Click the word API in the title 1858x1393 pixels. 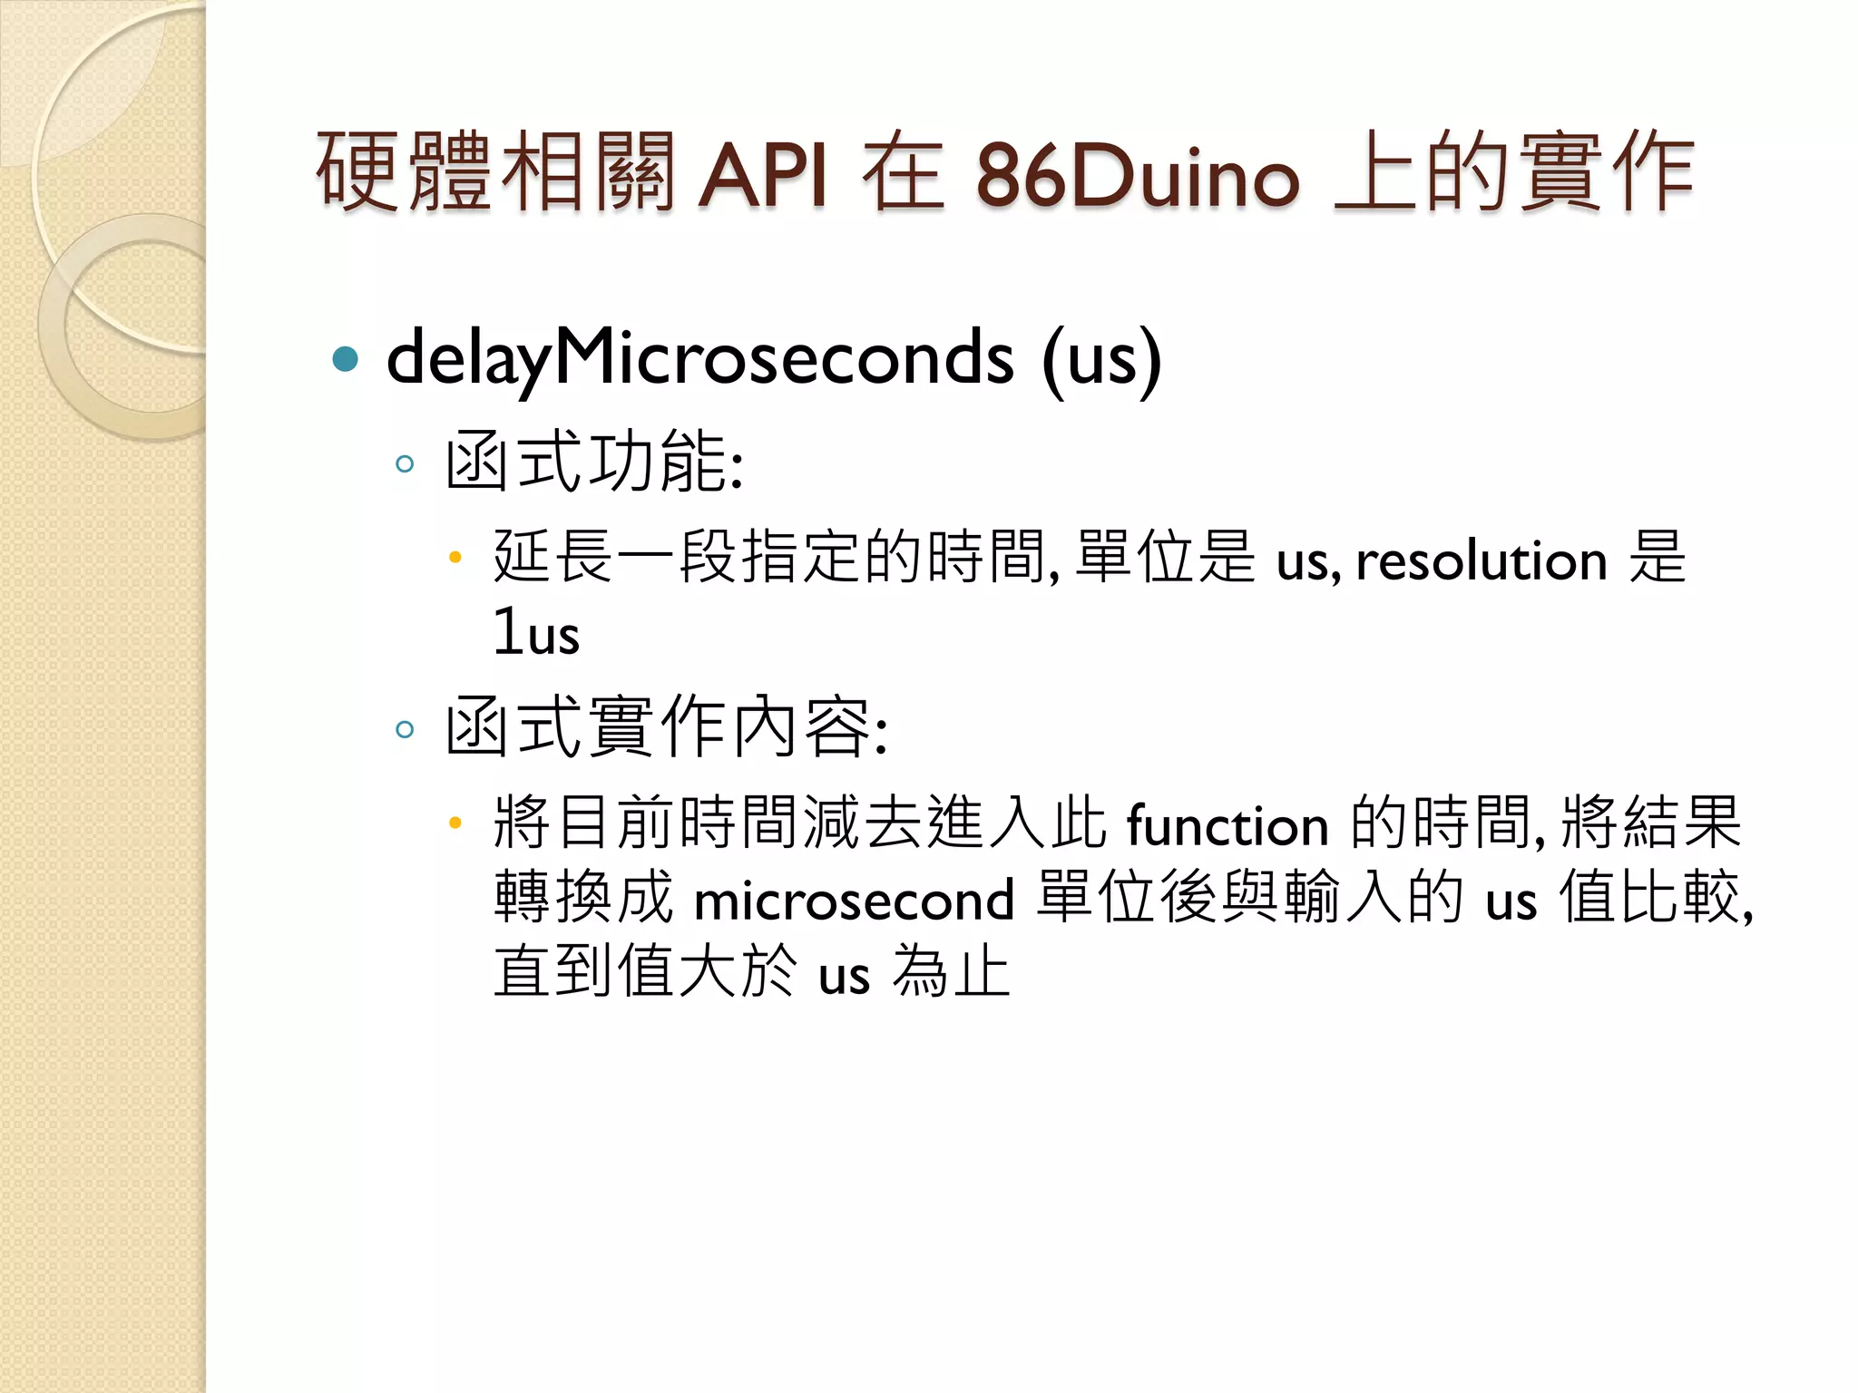tap(762, 174)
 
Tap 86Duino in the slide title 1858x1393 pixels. tap(1138, 174)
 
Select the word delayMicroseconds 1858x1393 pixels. tap(699, 359)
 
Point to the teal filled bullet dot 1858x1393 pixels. tap(346, 360)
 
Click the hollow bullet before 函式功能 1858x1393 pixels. tap(405, 465)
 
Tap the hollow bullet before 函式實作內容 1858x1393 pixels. tap(405, 729)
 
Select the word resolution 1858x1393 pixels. tap(1482, 560)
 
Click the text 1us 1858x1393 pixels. tap(536, 633)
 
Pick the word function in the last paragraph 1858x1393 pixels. tap(1227, 826)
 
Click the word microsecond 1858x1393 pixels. tap(854, 901)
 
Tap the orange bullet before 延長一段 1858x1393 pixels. tap(455, 557)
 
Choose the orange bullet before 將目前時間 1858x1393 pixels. tap(455, 823)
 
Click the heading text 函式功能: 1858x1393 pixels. tap(594, 463)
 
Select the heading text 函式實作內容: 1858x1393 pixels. tap(667, 727)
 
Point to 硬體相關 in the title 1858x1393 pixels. tap(495, 172)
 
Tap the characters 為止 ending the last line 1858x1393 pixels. tap(951, 972)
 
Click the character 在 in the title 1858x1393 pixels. tap(903, 172)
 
